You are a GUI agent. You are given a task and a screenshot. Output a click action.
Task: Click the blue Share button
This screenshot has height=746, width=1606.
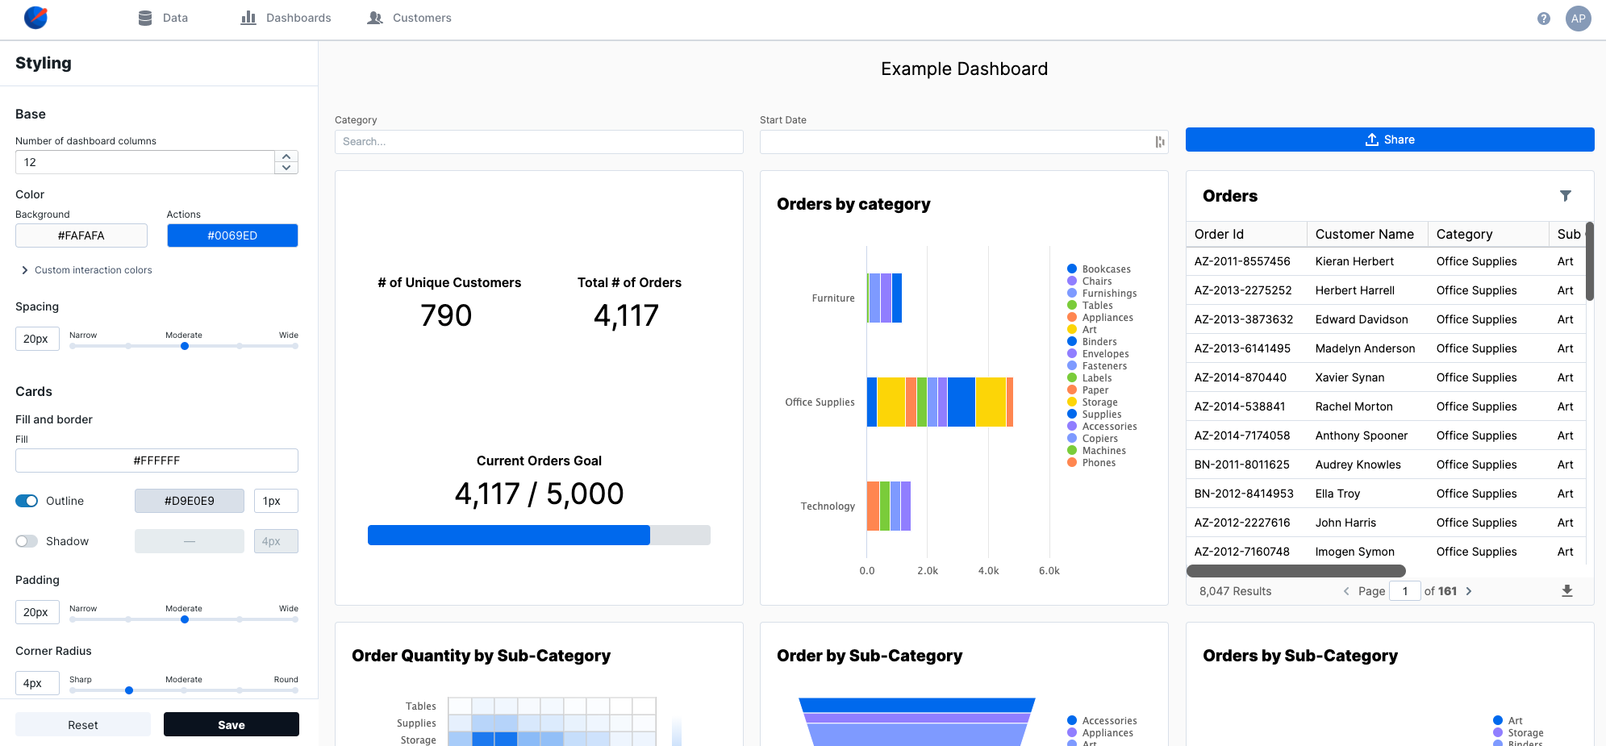point(1389,140)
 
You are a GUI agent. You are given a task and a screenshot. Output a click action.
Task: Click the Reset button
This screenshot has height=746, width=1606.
point(83,725)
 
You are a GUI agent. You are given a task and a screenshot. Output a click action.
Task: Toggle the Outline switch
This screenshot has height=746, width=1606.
point(27,501)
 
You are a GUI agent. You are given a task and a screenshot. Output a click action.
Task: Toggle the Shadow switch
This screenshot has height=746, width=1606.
point(27,541)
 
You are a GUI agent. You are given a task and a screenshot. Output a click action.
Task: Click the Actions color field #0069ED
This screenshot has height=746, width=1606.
point(232,235)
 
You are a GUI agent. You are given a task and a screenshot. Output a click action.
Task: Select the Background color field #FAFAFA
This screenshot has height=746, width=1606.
point(81,235)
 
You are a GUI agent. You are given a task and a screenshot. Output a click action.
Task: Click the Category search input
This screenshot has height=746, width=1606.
point(539,142)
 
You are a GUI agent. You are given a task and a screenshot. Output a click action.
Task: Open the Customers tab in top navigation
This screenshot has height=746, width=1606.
point(410,18)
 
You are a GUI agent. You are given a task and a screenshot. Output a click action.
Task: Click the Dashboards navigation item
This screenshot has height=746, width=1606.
point(286,18)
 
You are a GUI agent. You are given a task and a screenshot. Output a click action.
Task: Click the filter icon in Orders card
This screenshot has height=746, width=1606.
point(1565,196)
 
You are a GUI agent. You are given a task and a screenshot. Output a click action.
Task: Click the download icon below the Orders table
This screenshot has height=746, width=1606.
point(1566,591)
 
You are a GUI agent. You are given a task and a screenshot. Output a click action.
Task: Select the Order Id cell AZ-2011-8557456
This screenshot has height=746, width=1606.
point(1242,261)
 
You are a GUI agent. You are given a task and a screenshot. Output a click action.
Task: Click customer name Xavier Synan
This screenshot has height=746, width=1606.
point(1349,377)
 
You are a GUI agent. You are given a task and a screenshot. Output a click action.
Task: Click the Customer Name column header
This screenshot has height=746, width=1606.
point(1364,234)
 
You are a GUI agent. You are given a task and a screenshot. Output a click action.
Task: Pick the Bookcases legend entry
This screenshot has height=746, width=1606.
point(1106,269)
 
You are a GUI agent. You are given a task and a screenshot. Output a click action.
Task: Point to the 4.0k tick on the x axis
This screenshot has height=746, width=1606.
point(988,571)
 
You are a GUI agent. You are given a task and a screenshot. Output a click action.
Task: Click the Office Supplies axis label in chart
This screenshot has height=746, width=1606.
point(820,402)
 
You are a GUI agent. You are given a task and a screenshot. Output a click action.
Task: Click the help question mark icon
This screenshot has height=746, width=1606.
point(1543,19)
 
